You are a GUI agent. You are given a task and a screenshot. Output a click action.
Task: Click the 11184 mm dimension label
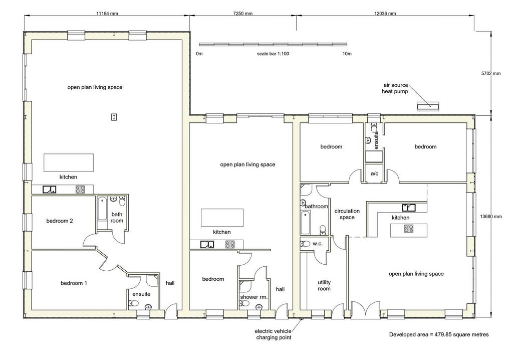(107, 14)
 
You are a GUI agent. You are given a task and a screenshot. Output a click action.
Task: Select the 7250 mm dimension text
(243, 14)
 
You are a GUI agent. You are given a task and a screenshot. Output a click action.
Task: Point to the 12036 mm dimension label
(385, 14)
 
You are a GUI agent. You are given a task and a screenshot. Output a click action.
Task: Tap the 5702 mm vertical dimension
(491, 73)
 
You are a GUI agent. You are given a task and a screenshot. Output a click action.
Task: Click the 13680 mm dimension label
(491, 216)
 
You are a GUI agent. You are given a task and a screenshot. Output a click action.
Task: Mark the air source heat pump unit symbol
(428, 106)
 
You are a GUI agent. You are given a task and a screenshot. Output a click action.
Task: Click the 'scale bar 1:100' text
(273, 54)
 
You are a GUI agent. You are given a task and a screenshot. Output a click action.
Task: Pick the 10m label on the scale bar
(347, 54)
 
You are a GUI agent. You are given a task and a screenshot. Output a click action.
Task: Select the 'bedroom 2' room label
(60, 221)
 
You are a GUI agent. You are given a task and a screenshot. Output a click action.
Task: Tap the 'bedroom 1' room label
(74, 283)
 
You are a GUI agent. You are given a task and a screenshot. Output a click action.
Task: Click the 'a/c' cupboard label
(374, 173)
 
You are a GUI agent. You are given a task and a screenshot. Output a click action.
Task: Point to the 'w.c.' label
(317, 244)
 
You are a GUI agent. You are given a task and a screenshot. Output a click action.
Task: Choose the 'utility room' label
(324, 286)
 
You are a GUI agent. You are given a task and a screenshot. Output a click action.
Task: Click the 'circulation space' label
(347, 214)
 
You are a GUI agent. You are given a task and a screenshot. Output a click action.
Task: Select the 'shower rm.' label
(254, 297)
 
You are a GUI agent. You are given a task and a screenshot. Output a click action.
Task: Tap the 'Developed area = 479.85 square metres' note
(439, 334)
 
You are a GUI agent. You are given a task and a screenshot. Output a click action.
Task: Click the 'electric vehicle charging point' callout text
(273, 334)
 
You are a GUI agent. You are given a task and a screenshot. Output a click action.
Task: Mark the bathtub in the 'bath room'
(102, 209)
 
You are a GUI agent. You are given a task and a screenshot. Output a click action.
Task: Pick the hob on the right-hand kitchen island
(408, 228)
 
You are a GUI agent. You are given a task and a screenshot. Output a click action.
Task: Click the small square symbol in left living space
(114, 117)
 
